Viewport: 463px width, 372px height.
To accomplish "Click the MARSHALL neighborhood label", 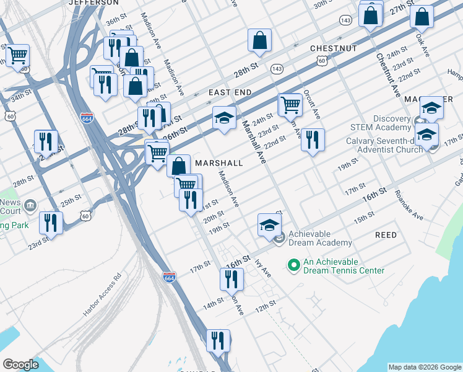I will click(x=219, y=162).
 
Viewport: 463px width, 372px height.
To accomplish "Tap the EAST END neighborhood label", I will click(x=230, y=92).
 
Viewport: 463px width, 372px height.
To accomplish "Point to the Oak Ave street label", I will click(x=423, y=45).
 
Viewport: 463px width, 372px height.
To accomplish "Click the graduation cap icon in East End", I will click(x=224, y=117).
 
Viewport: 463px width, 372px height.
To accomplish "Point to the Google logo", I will click(x=21, y=365).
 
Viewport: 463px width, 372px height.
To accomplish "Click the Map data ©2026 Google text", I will click(x=425, y=367).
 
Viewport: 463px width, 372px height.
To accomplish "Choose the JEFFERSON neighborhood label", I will click(x=93, y=2).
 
